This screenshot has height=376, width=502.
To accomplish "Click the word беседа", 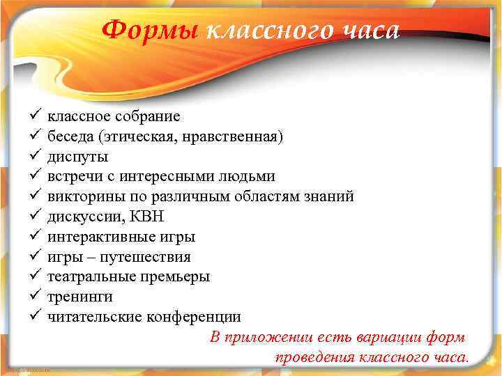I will (x=70, y=136).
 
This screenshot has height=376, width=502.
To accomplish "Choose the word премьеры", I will (x=177, y=277).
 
